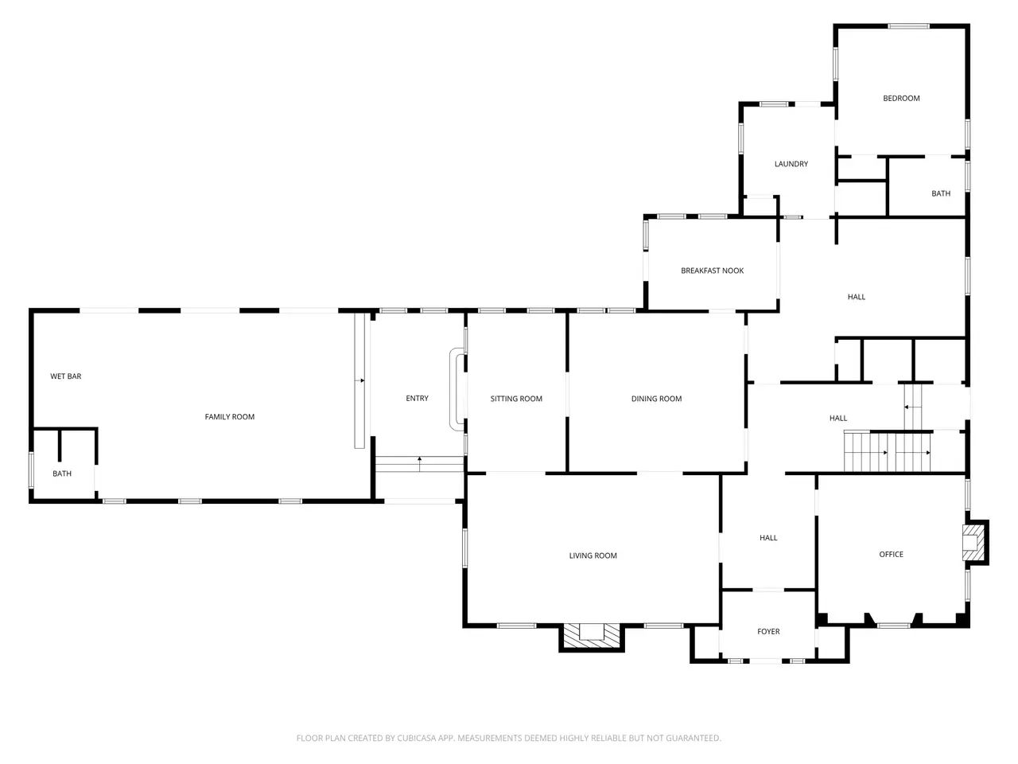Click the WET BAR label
[x=65, y=376]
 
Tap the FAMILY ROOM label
[x=230, y=417]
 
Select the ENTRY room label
[x=417, y=399]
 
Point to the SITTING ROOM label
[x=516, y=399]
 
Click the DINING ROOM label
[x=656, y=399]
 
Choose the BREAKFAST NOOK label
[x=712, y=271]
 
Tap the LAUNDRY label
[x=791, y=164]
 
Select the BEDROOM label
[x=900, y=99]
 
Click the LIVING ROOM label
[x=593, y=555]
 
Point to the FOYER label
[x=768, y=632]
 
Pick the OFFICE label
[x=891, y=555]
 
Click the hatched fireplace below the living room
[x=592, y=637]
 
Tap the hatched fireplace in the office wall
[x=975, y=543]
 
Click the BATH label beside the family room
[x=62, y=474]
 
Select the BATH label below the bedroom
[x=941, y=193]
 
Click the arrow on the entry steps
[x=419, y=464]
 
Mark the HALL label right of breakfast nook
[x=856, y=297]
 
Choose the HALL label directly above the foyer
[x=768, y=538]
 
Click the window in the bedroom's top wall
[x=908, y=26]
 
